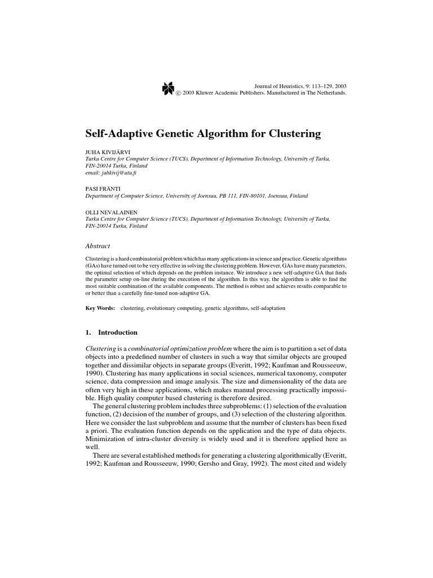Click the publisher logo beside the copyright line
click(x=167, y=89)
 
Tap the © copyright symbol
click(x=178, y=93)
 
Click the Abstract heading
click(x=97, y=246)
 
